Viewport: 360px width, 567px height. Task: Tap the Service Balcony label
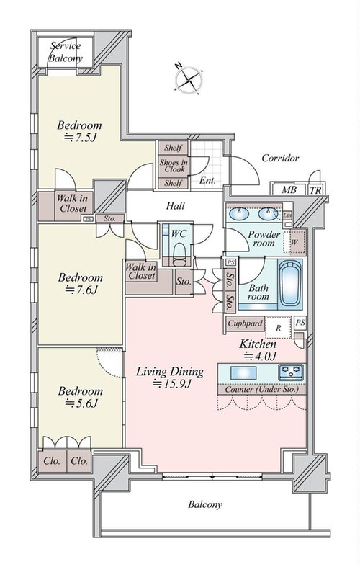point(66,52)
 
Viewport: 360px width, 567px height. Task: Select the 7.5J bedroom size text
point(80,138)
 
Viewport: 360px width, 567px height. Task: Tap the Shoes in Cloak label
point(174,166)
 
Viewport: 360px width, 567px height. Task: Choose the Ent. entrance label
point(207,180)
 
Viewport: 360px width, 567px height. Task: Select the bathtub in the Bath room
point(290,284)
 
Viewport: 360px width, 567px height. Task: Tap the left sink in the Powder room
point(238,214)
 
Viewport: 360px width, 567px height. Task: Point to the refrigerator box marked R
point(279,328)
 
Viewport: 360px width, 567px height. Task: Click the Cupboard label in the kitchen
point(245,323)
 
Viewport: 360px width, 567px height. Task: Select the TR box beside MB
point(315,189)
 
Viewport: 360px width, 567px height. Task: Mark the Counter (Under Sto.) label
point(261,390)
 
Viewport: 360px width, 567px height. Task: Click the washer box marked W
point(294,243)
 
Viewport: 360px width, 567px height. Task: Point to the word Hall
point(175,206)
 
